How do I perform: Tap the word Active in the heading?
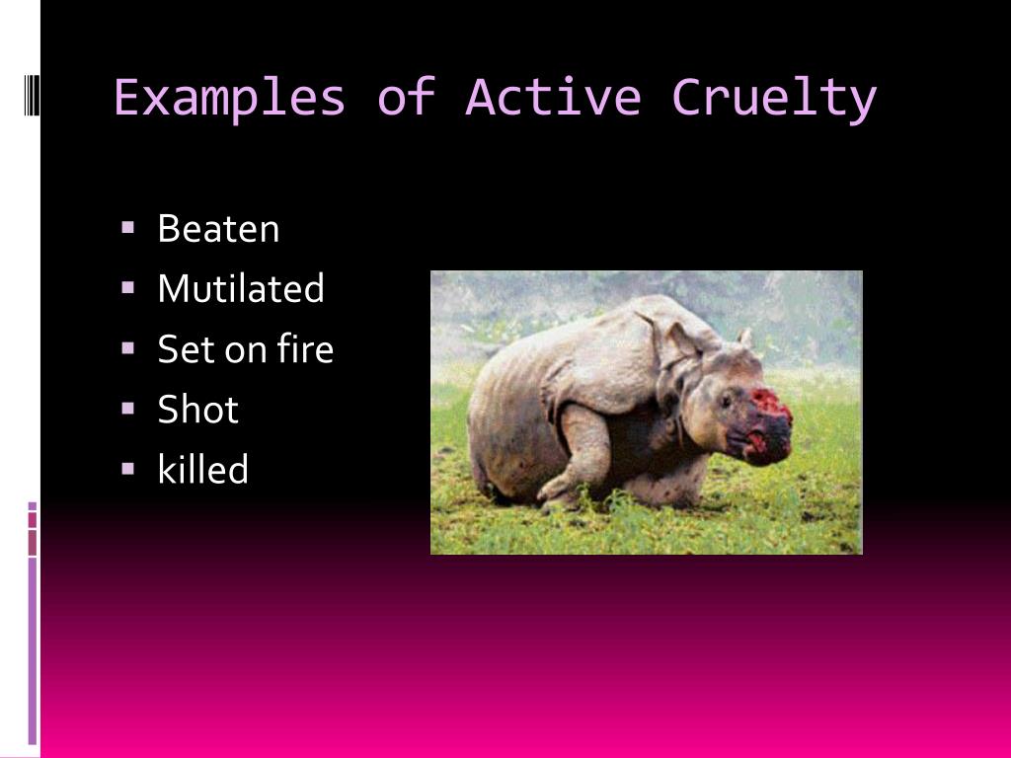coord(553,98)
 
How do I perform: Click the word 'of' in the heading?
coord(406,98)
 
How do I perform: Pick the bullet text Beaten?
coord(218,229)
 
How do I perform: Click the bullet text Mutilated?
coord(241,288)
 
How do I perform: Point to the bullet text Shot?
coord(197,409)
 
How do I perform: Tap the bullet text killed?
coord(203,469)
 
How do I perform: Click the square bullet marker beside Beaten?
coord(127,227)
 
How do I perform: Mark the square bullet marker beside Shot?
coord(127,408)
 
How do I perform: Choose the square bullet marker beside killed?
coord(127,468)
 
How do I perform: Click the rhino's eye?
coord(727,402)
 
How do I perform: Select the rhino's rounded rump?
coord(506,425)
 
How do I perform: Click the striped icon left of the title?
coord(32,96)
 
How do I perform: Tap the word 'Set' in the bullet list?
coord(188,348)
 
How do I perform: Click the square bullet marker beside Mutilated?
coord(127,287)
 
